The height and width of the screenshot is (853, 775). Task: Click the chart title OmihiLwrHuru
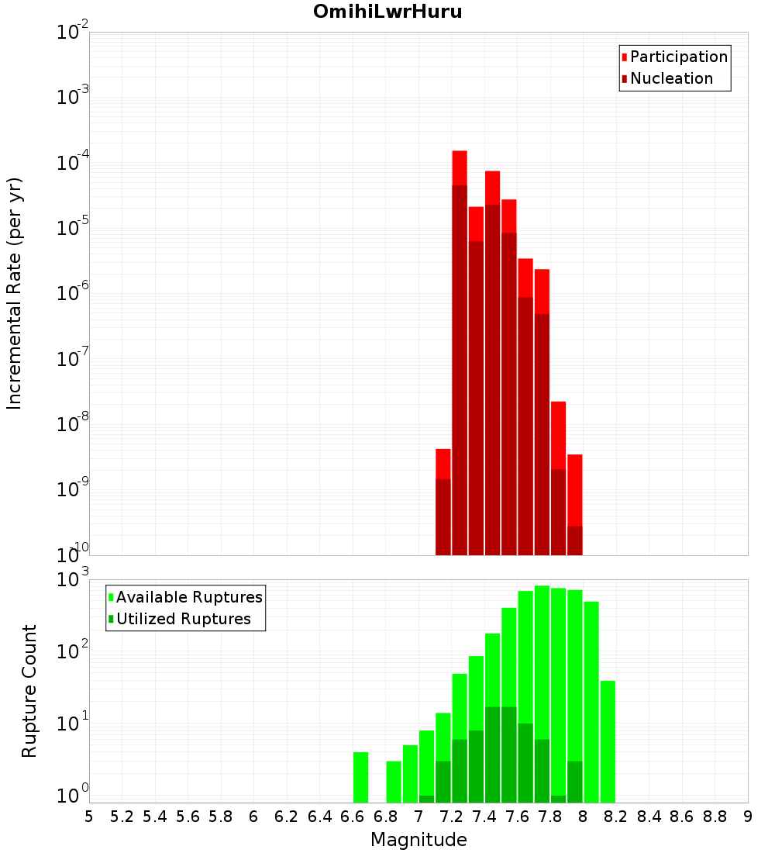(387, 12)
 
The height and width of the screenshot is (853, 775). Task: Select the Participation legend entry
(679, 57)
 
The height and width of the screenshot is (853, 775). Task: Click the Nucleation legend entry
(671, 78)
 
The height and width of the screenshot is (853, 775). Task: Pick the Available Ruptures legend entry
(189, 597)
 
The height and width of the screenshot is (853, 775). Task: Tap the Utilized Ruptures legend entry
(183, 619)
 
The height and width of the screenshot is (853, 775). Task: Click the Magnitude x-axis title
(418, 840)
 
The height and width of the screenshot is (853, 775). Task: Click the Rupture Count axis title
(29, 690)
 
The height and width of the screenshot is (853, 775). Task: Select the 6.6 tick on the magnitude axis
(353, 817)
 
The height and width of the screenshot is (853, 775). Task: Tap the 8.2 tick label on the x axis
(616, 817)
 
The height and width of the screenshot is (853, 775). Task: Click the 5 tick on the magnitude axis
(89, 817)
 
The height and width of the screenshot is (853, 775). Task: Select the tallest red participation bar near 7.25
(460, 167)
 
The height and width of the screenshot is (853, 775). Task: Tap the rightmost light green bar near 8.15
(608, 741)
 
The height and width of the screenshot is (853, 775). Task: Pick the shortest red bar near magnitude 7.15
(443, 463)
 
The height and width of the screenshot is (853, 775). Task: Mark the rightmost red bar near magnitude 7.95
(574, 489)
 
